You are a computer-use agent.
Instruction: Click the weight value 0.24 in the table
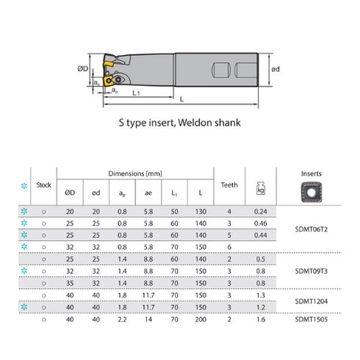tap(260, 212)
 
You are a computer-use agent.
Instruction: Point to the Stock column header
tap(44, 185)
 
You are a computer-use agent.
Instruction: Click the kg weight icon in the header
tap(260, 187)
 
